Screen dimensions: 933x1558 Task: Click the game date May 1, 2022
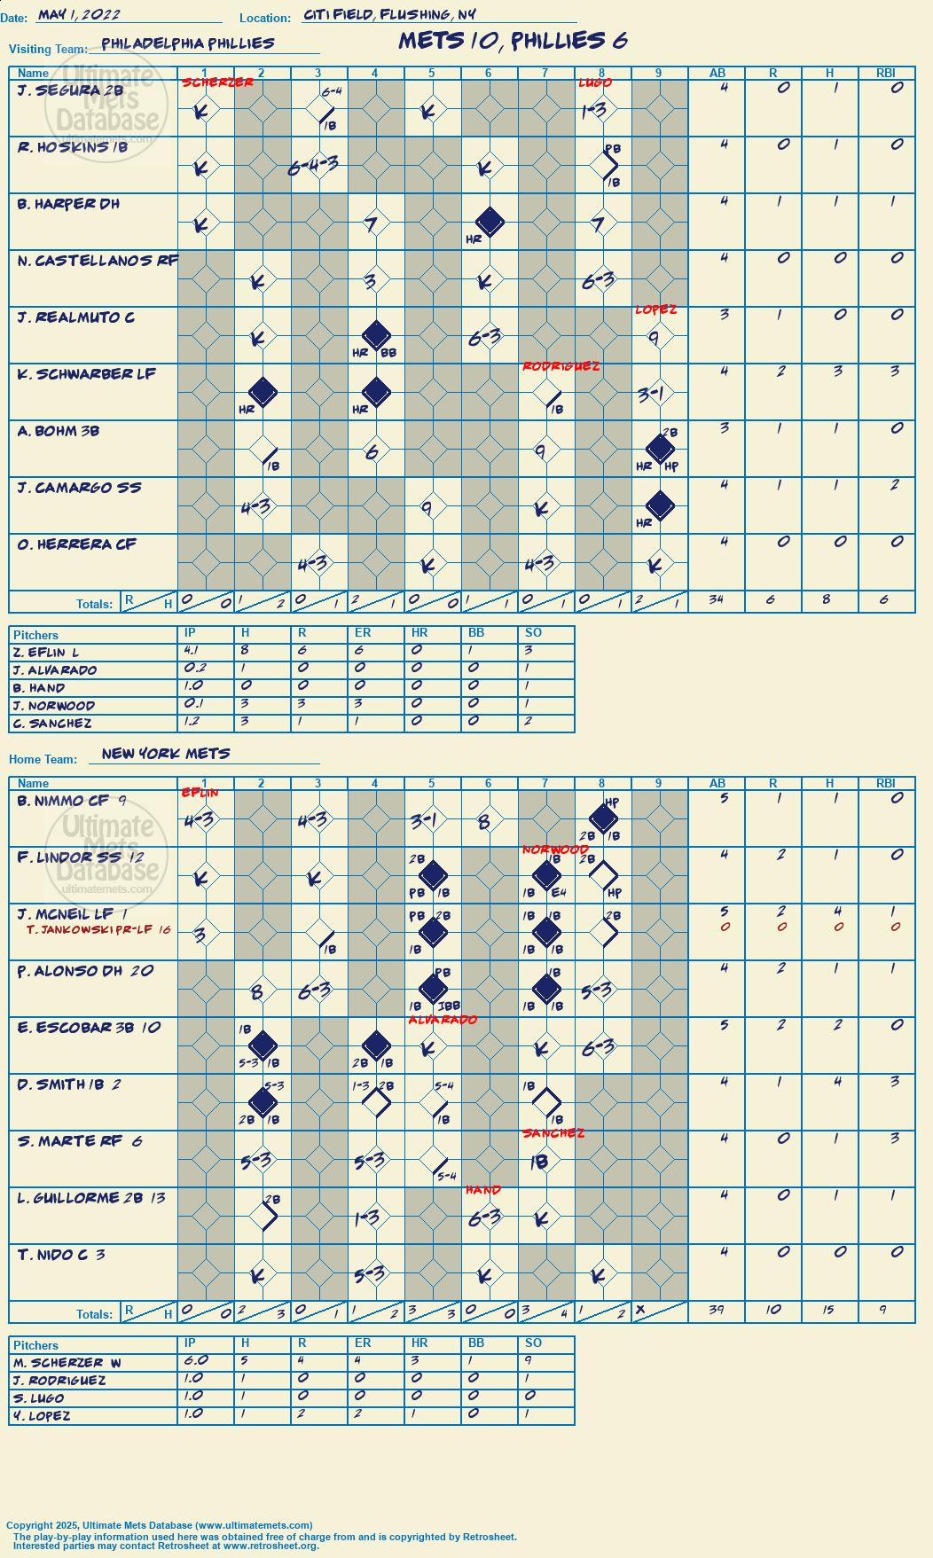(x=79, y=14)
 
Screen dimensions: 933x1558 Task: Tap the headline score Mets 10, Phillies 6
(x=513, y=40)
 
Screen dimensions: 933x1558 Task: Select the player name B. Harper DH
(x=68, y=204)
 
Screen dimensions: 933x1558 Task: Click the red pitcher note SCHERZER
(x=217, y=82)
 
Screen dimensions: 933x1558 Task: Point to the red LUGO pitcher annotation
(x=595, y=82)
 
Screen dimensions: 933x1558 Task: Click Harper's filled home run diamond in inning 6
(x=489, y=222)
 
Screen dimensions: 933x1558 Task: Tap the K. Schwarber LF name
(x=87, y=374)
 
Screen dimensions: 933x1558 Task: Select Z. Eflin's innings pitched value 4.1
(x=193, y=651)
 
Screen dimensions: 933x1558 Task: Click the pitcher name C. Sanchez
(x=52, y=724)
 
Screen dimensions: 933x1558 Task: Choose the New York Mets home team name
(x=166, y=753)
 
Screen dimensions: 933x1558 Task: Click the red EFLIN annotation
(x=200, y=792)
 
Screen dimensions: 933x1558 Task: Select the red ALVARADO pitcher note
(x=443, y=1020)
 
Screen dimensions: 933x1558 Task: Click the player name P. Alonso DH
(x=70, y=971)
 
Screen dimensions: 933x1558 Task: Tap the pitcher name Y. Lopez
(x=42, y=1416)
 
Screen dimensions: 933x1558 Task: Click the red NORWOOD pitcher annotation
(x=556, y=849)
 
